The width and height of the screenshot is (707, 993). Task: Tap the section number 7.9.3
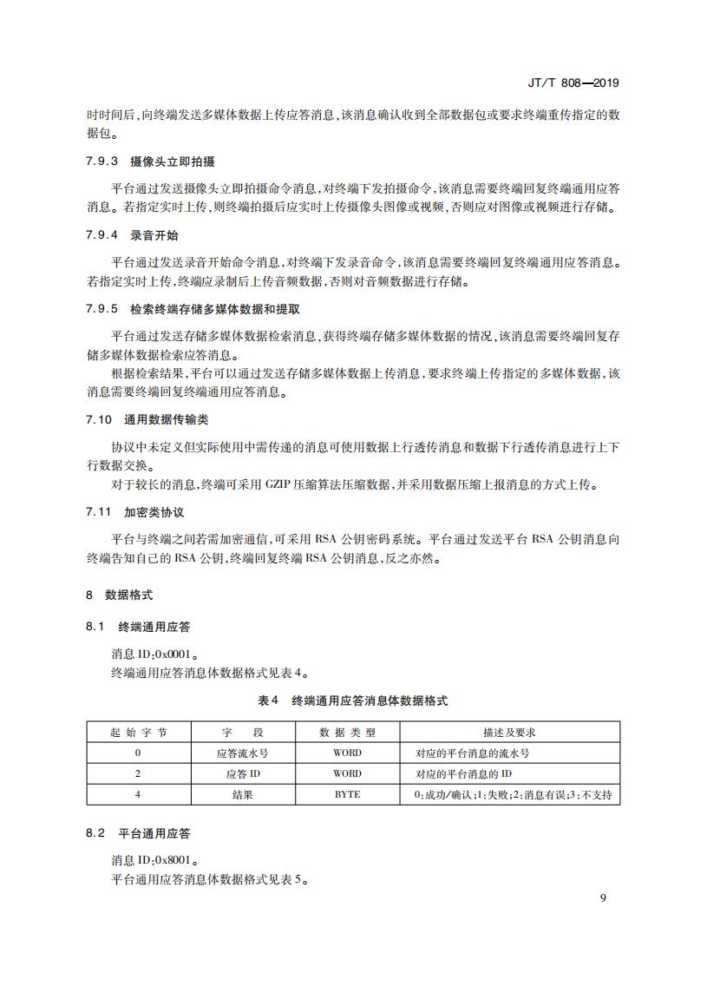pos(101,162)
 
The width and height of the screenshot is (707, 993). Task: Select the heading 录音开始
pos(154,236)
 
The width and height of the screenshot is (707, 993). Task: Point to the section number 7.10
pos(100,419)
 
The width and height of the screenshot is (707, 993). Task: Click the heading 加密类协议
pos(154,512)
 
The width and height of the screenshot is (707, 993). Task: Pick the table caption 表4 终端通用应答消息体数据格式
pos(353,700)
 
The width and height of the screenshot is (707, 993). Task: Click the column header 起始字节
pos(138,733)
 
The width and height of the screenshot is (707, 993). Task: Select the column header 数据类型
pos(347,733)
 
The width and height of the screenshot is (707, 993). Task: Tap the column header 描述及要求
pos(509,733)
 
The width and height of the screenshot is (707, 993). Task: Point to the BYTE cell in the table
pos(347,794)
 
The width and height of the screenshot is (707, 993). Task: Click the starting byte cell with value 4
pos(138,794)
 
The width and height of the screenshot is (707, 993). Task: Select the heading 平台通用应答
pos(154,833)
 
